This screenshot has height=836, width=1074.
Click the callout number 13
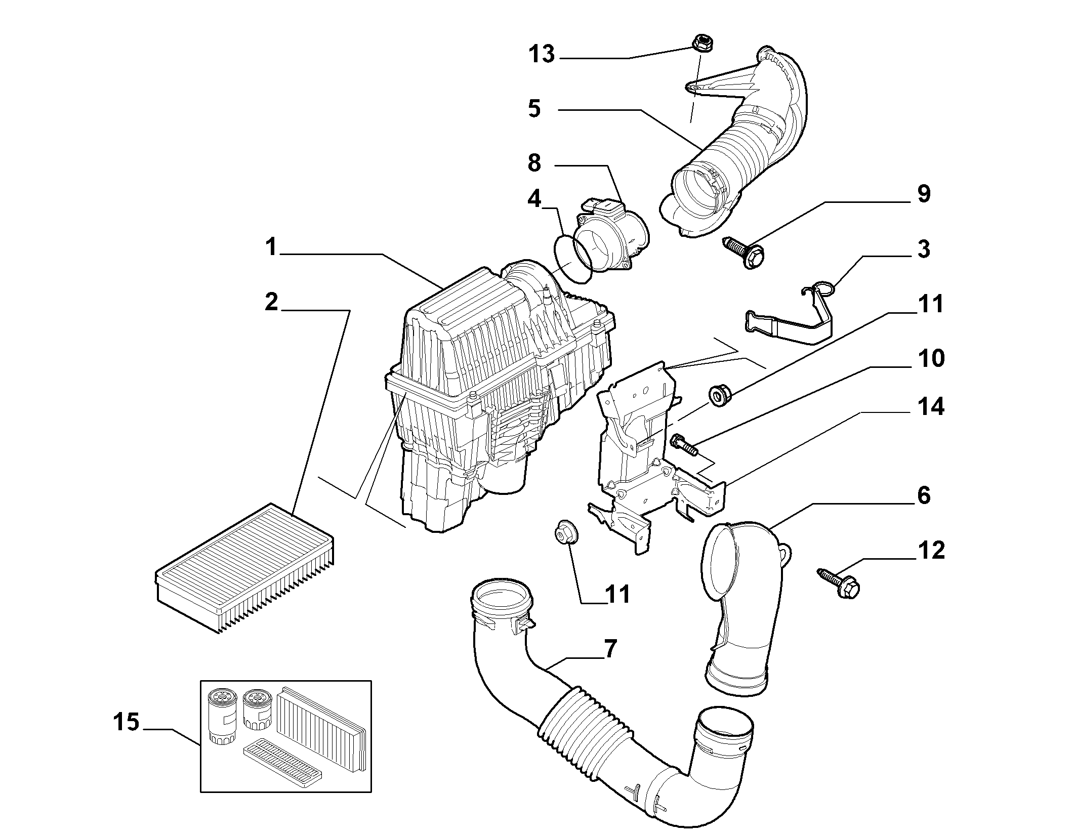point(542,54)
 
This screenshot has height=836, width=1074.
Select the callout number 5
point(534,108)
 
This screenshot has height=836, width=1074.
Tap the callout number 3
point(924,249)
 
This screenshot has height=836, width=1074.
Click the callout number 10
point(930,358)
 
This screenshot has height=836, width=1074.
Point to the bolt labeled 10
point(684,445)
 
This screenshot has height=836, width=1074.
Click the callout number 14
point(930,406)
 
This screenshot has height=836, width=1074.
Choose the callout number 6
point(924,495)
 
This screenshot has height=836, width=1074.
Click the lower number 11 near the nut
point(616,594)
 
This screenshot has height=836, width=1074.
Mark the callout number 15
point(126,722)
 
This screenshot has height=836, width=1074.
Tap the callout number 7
point(610,649)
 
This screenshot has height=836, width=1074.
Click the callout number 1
point(271,247)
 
